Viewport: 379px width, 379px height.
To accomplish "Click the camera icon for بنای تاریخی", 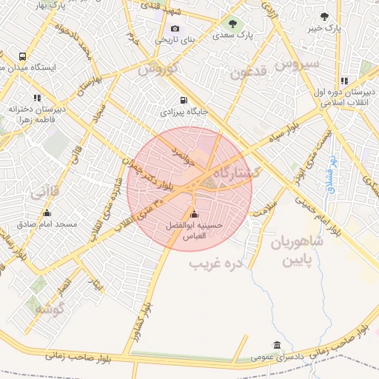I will pos(175,28).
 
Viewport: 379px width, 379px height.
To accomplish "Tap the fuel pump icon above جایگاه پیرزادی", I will pos(183,101).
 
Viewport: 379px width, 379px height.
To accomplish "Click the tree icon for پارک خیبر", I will pos(323,16).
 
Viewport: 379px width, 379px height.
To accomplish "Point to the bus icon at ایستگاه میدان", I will pos(22,56).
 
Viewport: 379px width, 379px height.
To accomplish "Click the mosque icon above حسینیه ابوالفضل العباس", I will pos(194,215).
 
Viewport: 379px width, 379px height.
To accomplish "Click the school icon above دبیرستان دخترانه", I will pos(36,98).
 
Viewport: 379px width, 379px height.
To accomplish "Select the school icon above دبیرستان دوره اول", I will pos(344,81).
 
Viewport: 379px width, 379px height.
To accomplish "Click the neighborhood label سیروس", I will pos(297,64).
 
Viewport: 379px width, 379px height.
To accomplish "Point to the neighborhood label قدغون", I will pos(247,72).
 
